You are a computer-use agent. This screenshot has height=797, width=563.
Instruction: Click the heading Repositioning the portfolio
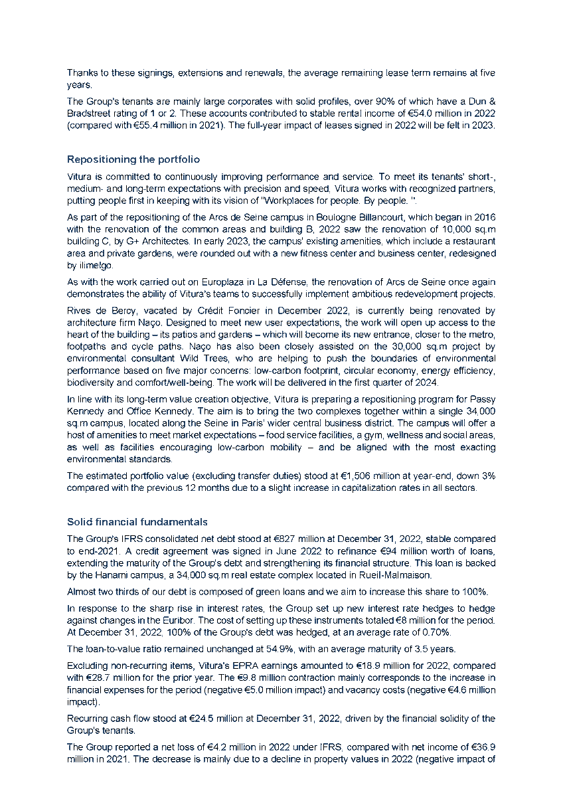tap(133, 159)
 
